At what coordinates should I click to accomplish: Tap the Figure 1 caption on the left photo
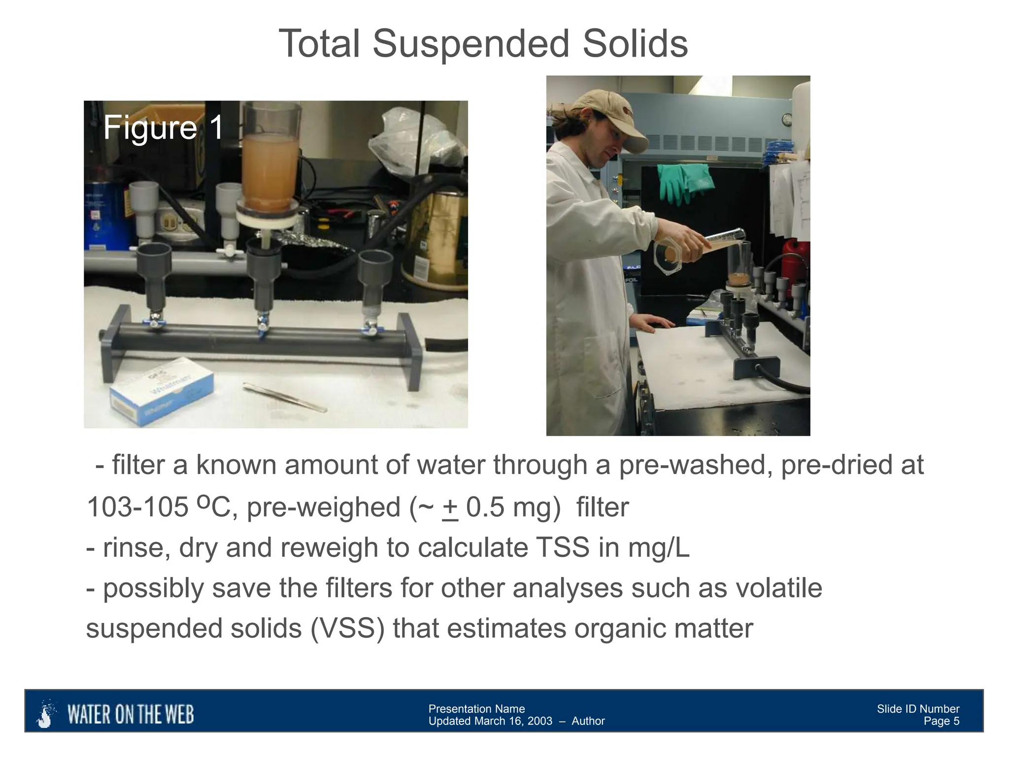163,128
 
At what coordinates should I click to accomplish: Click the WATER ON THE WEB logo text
130,715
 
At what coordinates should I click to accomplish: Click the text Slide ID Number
918,709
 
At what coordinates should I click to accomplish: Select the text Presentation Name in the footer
476,709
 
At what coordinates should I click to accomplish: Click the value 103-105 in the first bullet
137,508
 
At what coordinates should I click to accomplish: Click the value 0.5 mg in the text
507,508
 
